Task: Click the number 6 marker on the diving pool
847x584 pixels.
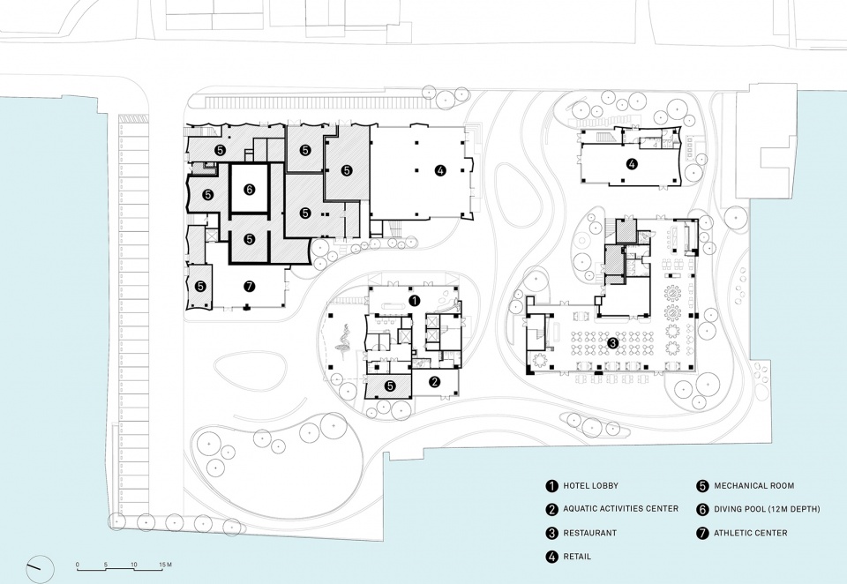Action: point(249,190)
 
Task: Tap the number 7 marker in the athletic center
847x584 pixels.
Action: point(249,287)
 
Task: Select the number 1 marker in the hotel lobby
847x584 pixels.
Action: point(415,300)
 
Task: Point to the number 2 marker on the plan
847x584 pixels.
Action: point(434,382)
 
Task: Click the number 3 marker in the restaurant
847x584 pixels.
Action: point(612,342)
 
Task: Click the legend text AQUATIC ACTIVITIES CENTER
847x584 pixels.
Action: point(620,509)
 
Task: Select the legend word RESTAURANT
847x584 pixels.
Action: point(589,533)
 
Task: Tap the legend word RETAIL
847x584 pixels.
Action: point(577,557)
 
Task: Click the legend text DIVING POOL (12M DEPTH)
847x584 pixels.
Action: point(767,509)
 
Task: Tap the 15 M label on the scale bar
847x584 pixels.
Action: point(164,565)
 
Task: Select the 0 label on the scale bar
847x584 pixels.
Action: point(78,565)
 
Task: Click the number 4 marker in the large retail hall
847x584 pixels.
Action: point(440,171)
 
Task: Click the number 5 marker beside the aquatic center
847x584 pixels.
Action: point(389,386)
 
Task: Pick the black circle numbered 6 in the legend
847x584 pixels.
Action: point(702,509)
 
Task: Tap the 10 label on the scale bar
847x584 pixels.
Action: point(134,565)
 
